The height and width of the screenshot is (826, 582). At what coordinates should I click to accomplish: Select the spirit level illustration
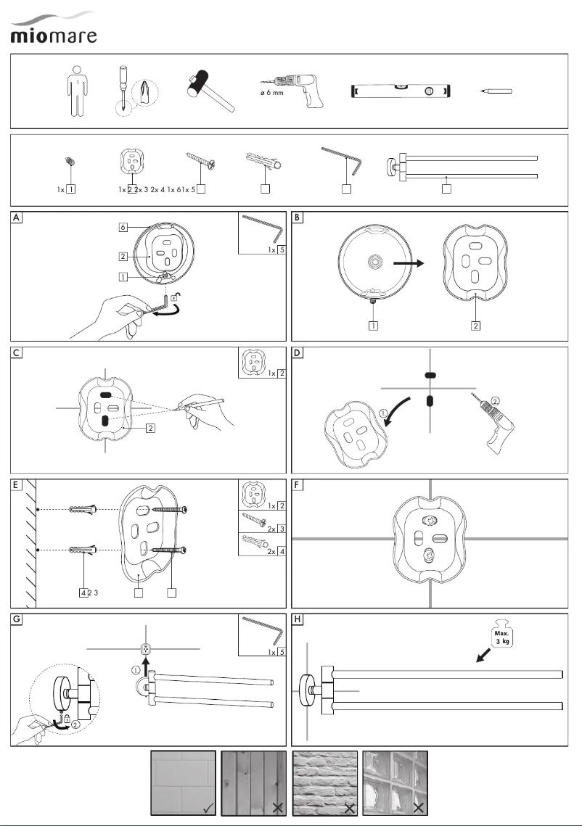401,91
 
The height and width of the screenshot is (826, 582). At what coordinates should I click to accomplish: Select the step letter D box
298,353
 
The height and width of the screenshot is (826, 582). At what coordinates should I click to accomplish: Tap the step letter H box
298,619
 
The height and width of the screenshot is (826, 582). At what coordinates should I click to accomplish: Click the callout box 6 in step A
124,227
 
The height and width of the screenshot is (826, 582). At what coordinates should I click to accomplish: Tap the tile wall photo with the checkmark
183,783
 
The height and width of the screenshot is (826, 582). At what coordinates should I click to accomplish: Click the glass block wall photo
396,783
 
